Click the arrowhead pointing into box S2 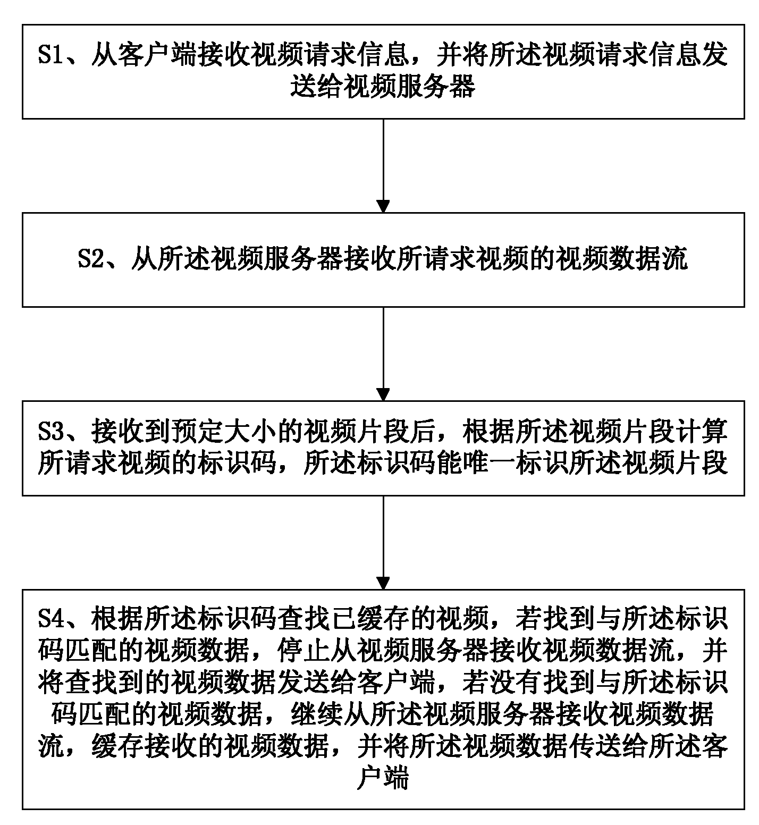coord(383,206)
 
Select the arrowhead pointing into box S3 coord(383,394)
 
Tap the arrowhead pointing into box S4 coord(383,582)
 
